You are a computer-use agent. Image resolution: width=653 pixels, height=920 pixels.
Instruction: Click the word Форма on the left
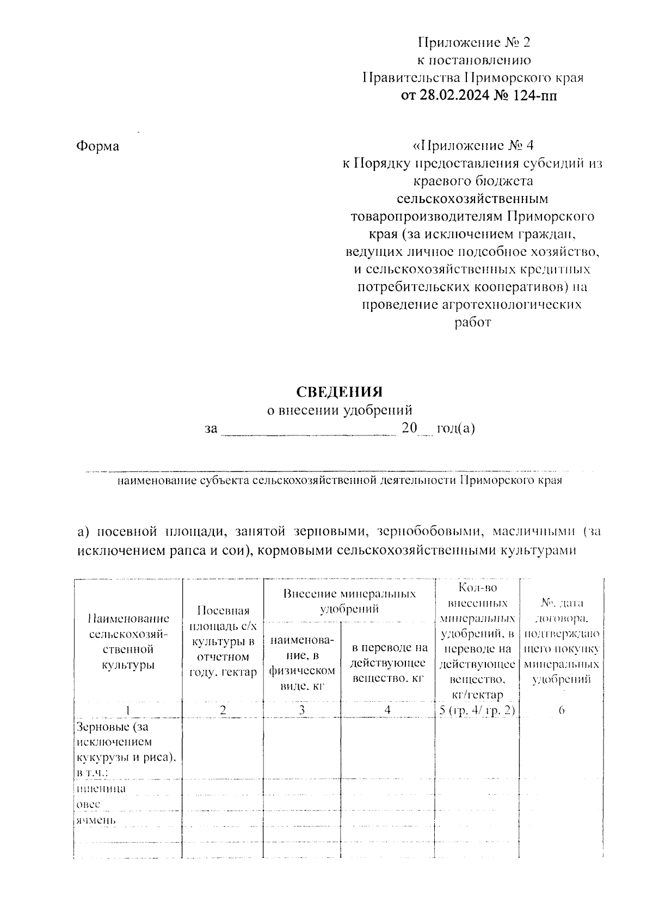[97, 146]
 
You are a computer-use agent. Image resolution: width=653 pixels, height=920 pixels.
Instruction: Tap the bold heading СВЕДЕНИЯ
[339, 392]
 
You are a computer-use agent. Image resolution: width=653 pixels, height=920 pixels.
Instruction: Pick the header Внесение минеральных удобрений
[349, 600]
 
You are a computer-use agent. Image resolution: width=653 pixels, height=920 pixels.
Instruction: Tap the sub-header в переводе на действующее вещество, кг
[389, 663]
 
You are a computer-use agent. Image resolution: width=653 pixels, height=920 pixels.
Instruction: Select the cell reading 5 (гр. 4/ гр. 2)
[477, 710]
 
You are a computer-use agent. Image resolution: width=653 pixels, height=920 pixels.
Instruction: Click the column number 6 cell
[561, 710]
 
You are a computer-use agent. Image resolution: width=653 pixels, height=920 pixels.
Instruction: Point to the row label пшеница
[94, 788]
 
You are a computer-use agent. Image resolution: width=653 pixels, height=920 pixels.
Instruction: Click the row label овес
[88, 804]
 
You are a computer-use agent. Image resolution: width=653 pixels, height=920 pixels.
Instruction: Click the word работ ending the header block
[472, 322]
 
